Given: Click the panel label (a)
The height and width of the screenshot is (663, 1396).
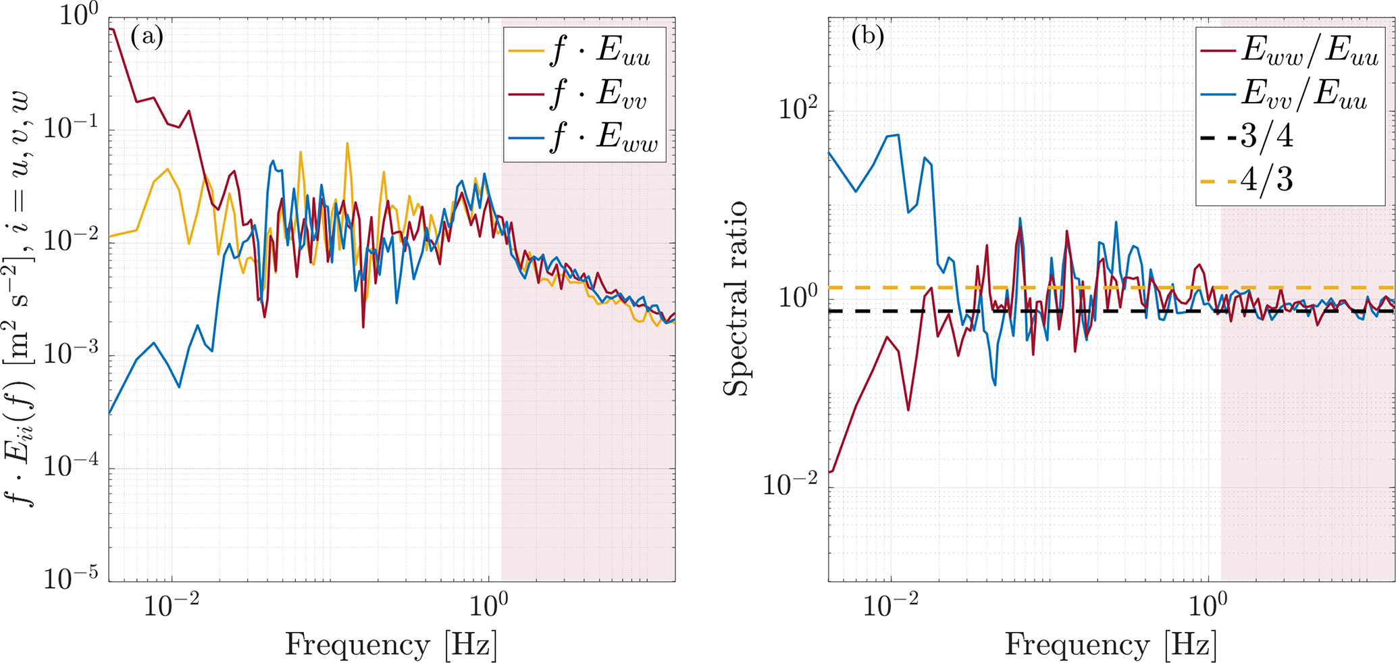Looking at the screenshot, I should tap(147, 36).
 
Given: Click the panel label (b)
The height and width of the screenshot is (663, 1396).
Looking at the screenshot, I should tap(868, 36).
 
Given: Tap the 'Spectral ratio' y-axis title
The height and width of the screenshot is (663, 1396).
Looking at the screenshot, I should tap(736, 298).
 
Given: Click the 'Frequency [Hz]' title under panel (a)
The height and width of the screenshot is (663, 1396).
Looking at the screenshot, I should tap(391, 645).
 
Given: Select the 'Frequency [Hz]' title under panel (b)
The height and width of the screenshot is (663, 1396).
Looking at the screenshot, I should tap(1111, 645).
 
